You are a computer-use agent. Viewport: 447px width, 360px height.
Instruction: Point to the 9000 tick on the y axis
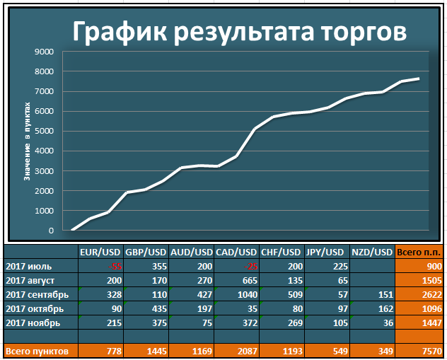[44, 52]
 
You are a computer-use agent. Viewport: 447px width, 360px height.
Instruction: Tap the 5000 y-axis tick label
[44, 131]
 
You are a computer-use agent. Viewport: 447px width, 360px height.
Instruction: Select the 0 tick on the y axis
[50, 231]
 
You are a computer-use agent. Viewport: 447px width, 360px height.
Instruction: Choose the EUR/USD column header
[100, 252]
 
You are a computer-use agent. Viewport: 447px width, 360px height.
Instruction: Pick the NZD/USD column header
[372, 252]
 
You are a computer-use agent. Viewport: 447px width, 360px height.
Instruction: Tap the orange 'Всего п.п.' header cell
[420, 252]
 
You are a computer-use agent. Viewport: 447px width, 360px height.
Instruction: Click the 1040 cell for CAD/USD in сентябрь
[246, 294]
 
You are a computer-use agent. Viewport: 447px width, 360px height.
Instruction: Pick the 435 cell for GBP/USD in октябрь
[157, 308]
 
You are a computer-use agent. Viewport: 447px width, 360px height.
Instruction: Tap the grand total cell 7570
[431, 351]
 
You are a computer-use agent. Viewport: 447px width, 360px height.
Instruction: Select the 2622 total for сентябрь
[431, 294]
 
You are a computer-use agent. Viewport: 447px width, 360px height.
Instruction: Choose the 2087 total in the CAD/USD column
[246, 351]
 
